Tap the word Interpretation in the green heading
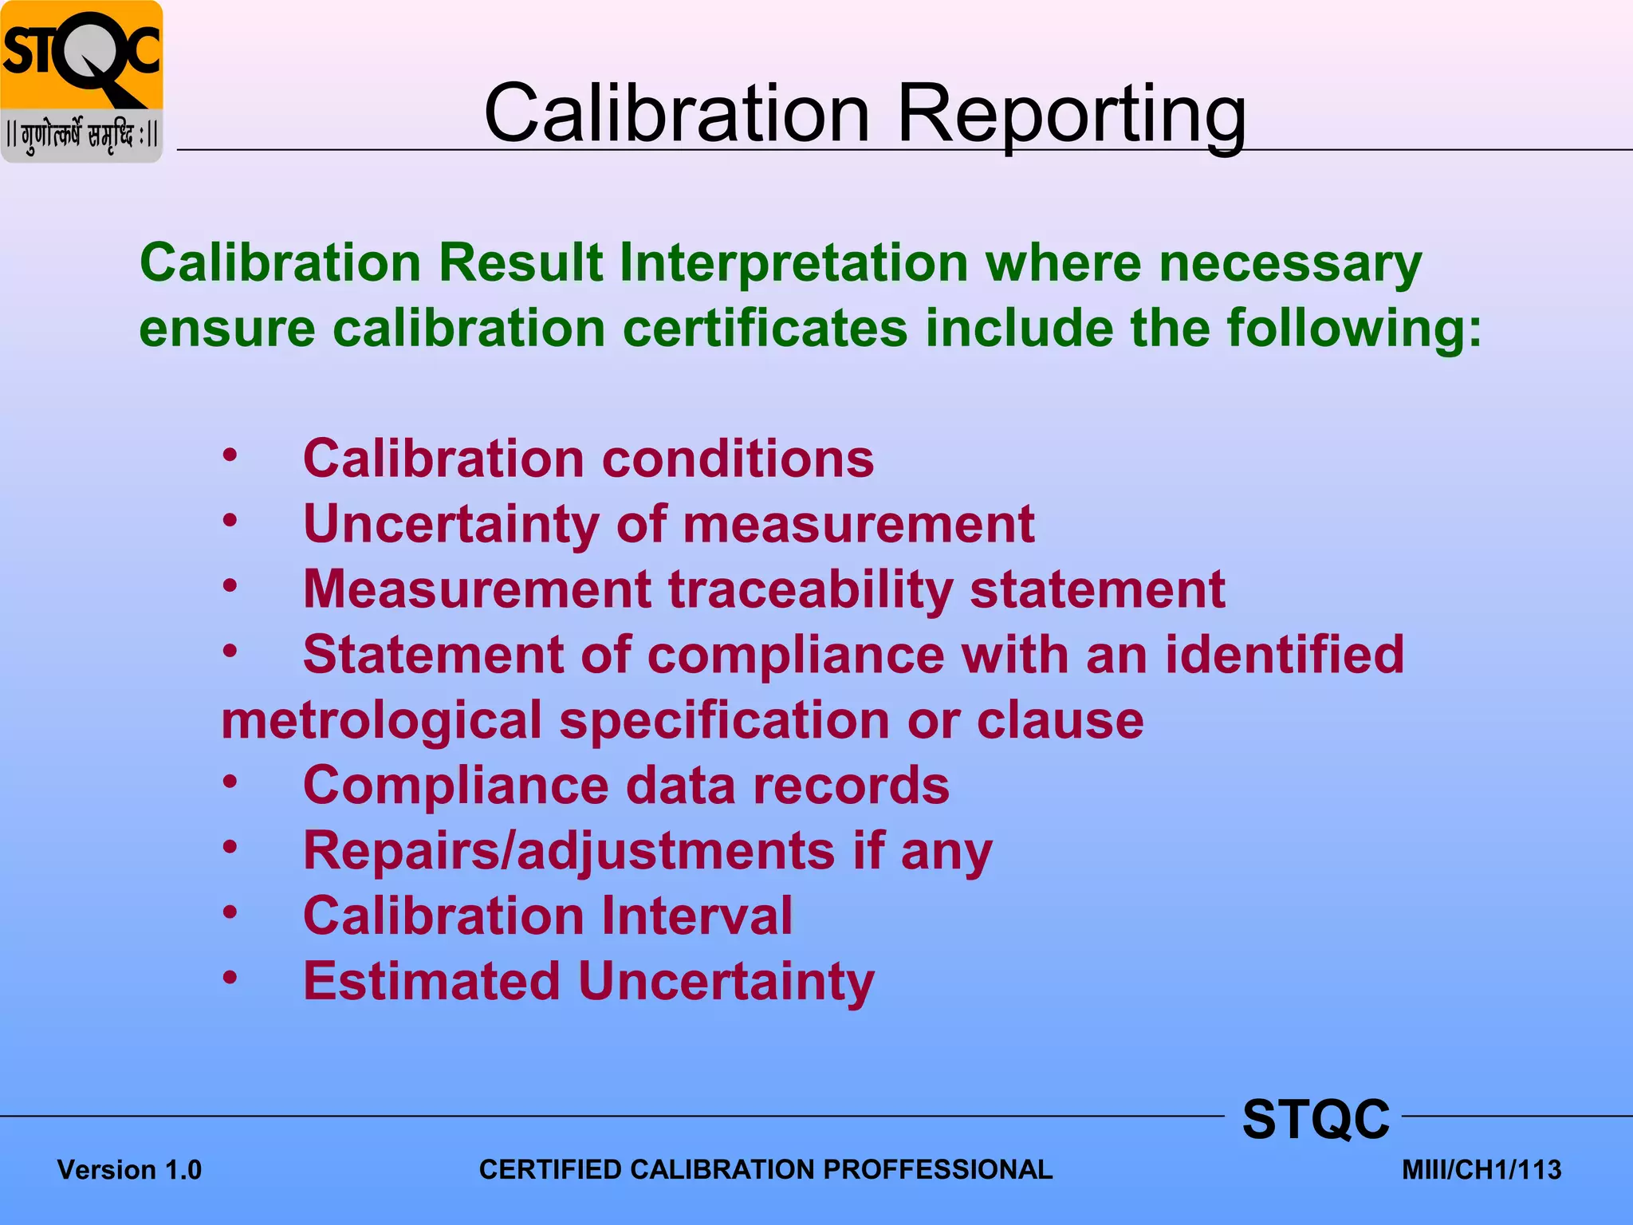click(x=793, y=263)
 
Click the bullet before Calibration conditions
click(x=230, y=456)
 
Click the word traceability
click(x=810, y=590)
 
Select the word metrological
click(x=381, y=721)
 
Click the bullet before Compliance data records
click(x=230, y=782)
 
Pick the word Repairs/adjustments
click(x=569, y=851)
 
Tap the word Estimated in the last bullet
click(x=431, y=981)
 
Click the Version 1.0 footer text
click(x=129, y=1170)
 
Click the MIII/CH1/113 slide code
click(x=1481, y=1170)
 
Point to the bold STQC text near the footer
click(x=1316, y=1120)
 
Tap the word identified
click(x=1284, y=656)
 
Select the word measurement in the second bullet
click(x=858, y=525)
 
